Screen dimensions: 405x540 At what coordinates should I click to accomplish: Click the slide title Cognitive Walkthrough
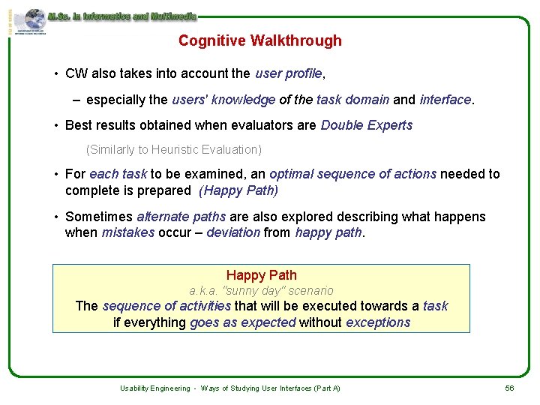pyautogui.click(x=259, y=40)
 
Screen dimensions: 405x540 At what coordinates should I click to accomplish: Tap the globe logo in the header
pyautogui.click(x=34, y=19)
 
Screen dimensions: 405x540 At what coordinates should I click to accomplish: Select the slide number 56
pyautogui.click(x=509, y=388)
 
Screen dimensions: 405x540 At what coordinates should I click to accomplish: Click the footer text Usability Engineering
pyautogui.click(x=154, y=388)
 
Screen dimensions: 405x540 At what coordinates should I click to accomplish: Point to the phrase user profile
pyautogui.click(x=289, y=73)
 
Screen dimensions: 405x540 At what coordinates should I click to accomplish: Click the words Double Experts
pyautogui.click(x=366, y=125)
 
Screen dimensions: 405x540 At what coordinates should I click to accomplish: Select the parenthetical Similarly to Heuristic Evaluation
pyautogui.click(x=174, y=149)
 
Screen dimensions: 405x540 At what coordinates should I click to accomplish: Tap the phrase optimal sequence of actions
pyautogui.click(x=352, y=174)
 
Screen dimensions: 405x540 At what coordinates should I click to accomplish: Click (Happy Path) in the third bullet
pyautogui.click(x=238, y=190)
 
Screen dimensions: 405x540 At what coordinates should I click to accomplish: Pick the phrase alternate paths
pyautogui.click(x=181, y=217)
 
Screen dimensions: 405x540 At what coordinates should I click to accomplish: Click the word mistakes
pyautogui.click(x=128, y=232)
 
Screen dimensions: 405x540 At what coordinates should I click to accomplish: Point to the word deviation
pyautogui.click(x=233, y=232)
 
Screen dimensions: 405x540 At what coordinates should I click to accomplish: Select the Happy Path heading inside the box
pyautogui.click(x=261, y=275)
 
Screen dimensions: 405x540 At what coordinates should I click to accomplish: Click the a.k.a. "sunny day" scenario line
pyautogui.click(x=261, y=290)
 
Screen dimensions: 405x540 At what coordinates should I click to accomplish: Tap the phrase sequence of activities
pyautogui.click(x=166, y=306)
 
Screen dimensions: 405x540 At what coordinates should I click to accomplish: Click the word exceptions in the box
pyautogui.click(x=378, y=322)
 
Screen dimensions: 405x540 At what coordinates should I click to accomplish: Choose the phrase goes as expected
pyautogui.click(x=243, y=322)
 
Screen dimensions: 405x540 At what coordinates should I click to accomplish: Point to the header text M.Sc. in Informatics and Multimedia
pyautogui.click(x=121, y=15)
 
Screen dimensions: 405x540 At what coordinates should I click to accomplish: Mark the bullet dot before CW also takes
pyautogui.click(x=56, y=74)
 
